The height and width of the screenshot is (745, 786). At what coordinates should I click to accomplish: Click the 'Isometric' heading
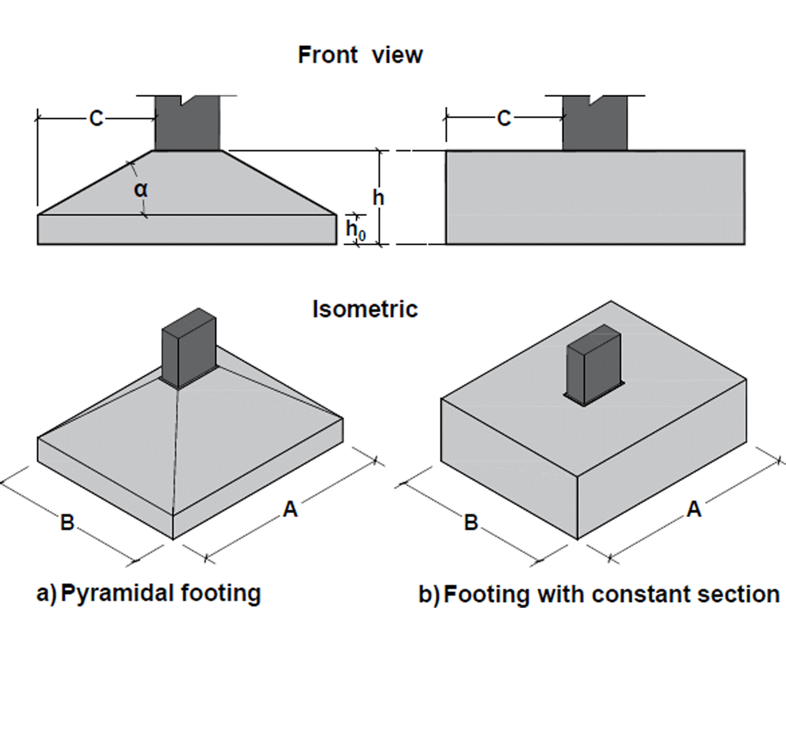pyautogui.click(x=365, y=309)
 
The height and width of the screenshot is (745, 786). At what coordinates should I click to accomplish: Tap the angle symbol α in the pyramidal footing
pyautogui.click(x=141, y=190)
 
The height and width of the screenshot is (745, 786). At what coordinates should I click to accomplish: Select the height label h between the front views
pyautogui.click(x=379, y=197)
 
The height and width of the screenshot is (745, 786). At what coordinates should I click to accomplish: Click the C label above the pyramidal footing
pyautogui.click(x=97, y=118)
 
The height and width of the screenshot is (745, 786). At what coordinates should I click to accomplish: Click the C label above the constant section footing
pyautogui.click(x=504, y=118)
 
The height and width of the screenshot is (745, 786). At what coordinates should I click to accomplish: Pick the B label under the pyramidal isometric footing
pyautogui.click(x=67, y=522)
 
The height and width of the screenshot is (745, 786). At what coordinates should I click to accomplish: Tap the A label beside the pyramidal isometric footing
pyautogui.click(x=290, y=509)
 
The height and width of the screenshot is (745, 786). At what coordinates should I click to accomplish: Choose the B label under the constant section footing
pyautogui.click(x=471, y=522)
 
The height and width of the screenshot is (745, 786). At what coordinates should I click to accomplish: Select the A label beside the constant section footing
pyautogui.click(x=694, y=509)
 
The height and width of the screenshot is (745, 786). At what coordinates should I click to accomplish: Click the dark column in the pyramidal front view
pyautogui.click(x=187, y=123)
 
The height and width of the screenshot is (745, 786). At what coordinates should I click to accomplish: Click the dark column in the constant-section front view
pyautogui.click(x=595, y=123)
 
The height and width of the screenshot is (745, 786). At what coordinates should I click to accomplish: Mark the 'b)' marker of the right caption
pyautogui.click(x=429, y=595)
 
